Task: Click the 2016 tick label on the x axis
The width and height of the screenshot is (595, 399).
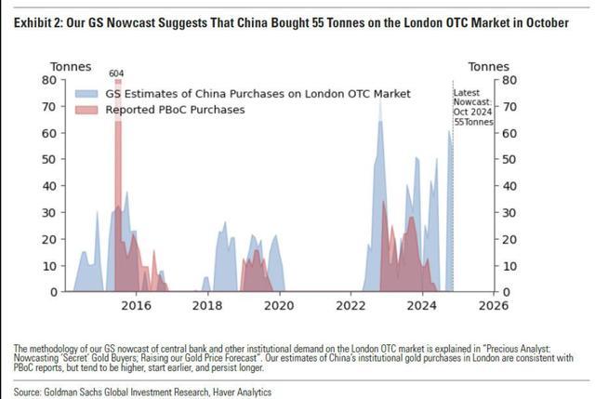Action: click(x=136, y=305)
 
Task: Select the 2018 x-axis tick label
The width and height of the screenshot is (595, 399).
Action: click(x=207, y=305)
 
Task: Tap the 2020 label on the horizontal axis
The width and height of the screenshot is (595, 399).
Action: click(x=279, y=305)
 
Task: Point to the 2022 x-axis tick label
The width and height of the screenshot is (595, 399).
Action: click(x=350, y=305)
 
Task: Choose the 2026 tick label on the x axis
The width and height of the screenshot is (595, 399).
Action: click(x=494, y=305)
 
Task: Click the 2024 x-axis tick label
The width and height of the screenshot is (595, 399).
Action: click(x=422, y=305)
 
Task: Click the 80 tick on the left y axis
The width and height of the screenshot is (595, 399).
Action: click(x=51, y=80)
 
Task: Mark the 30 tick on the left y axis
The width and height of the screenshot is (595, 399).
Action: click(x=51, y=212)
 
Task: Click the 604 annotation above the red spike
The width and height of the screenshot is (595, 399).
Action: click(x=116, y=73)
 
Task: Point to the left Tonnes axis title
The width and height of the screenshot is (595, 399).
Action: click(x=71, y=66)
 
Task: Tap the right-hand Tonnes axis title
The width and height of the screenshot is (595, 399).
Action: click(x=487, y=66)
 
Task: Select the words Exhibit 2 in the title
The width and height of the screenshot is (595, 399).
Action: click(x=39, y=22)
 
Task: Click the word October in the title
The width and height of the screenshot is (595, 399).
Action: click(x=545, y=22)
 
